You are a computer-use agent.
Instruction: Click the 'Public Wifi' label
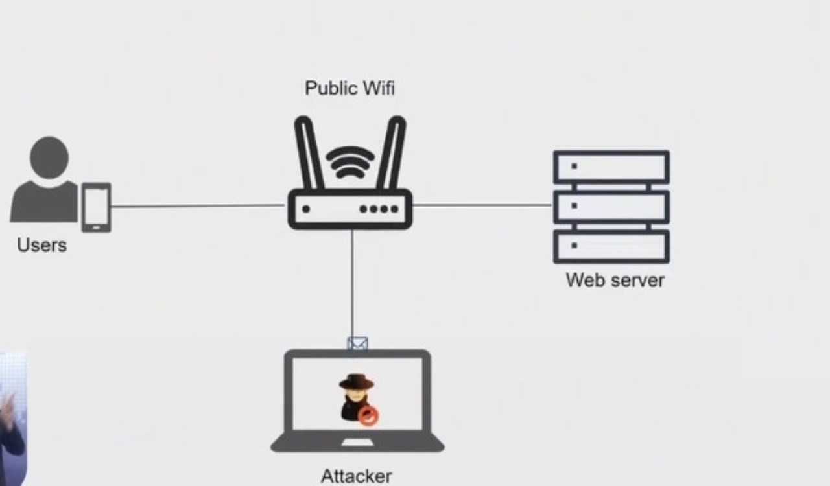click(x=350, y=88)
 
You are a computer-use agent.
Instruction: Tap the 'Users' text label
click(x=41, y=246)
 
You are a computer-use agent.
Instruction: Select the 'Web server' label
click(x=615, y=280)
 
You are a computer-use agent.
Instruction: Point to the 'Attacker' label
click(x=356, y=476)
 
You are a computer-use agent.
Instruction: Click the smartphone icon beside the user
click(x=96, y=207)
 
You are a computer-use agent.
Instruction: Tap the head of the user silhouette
click(x=49, y=157)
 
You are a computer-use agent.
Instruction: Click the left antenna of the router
click(x=309, y=153)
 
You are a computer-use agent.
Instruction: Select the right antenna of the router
click(x=392, y=153)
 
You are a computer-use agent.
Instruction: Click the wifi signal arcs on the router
click(x=350, y=162)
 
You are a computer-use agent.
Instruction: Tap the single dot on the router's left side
click(x=306, y=209)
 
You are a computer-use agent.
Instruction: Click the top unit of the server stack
click(x=611, y=167)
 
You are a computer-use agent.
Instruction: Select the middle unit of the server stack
click(x=611, y=207)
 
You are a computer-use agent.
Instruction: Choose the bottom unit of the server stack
click(x=611, y=246)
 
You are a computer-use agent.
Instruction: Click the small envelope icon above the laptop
click(x=357, y=343)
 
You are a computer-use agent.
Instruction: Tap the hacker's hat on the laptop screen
click(x=356, y=382)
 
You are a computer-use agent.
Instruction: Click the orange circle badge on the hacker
click(x=368, y=417)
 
